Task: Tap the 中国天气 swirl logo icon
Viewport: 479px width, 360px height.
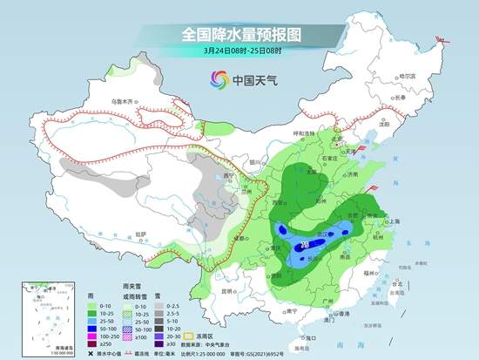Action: [x=215, y=80]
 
